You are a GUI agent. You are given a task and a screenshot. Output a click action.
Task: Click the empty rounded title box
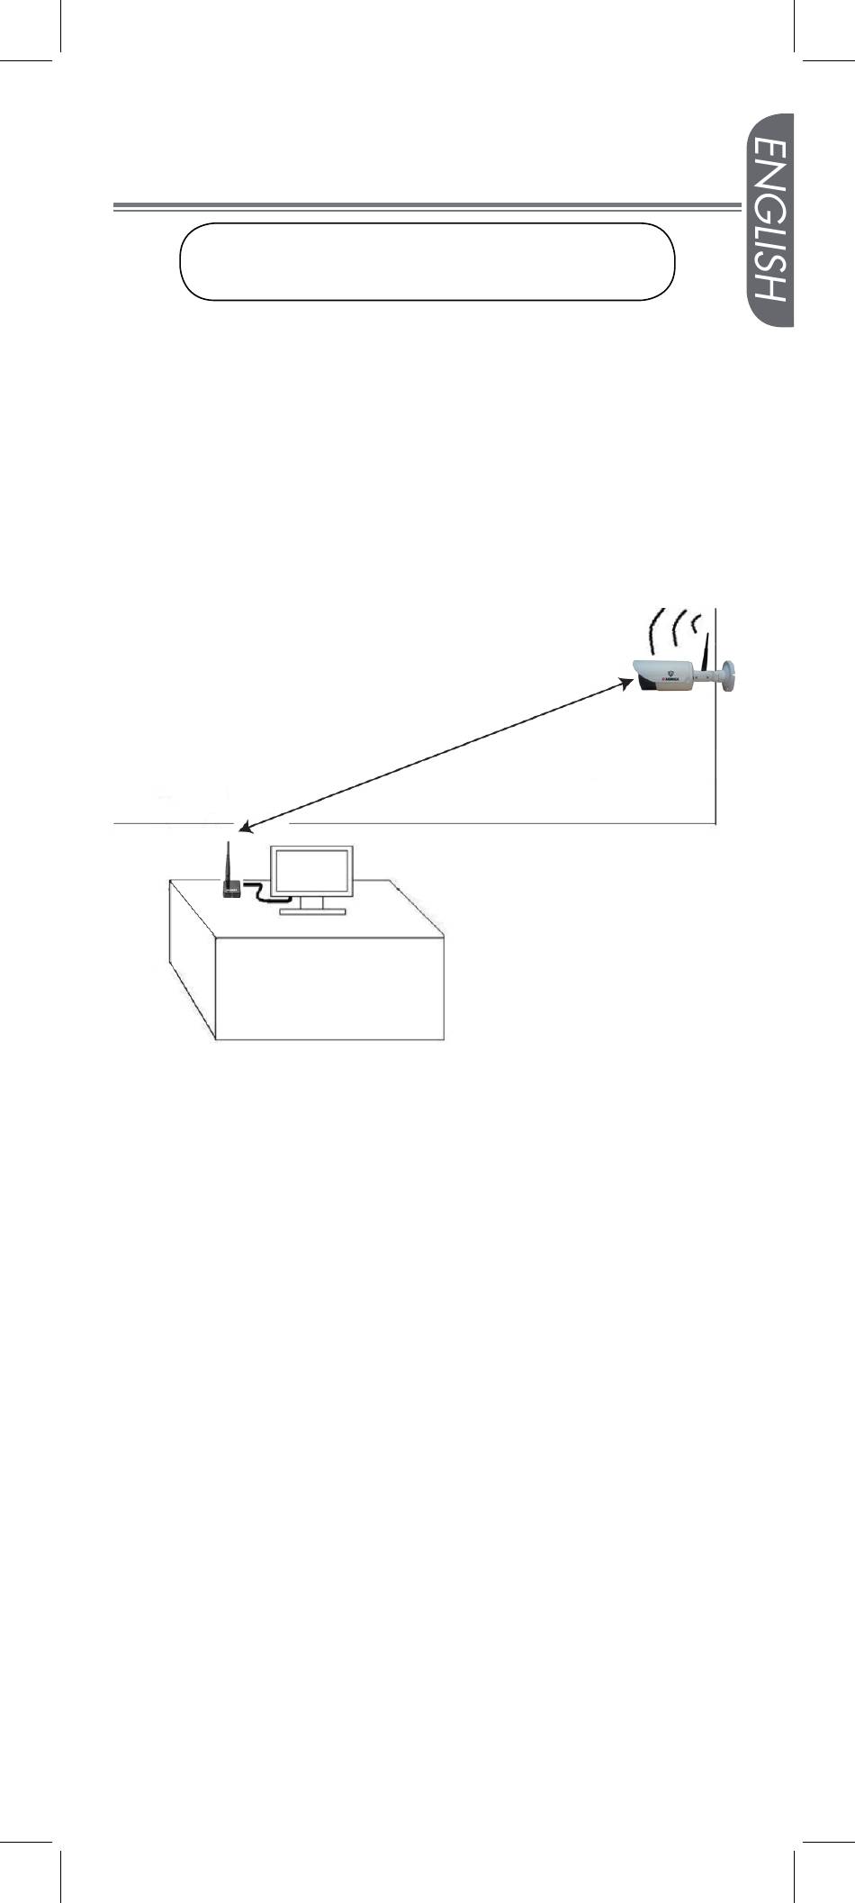[x=427, y=261]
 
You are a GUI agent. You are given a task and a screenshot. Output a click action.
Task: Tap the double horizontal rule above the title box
[x=423, y=207]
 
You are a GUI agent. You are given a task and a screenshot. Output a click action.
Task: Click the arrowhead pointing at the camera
[x=624, y=684]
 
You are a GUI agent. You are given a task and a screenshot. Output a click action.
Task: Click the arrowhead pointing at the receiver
[x=244, y=826]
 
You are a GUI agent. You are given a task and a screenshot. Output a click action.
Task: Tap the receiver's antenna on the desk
[x=228, y=860]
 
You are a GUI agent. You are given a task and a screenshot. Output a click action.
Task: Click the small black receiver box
[x=230, y=889]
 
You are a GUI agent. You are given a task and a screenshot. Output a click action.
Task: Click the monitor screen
[x=312, y=871]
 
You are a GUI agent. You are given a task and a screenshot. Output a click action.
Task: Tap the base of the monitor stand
[x=312, y=911]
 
